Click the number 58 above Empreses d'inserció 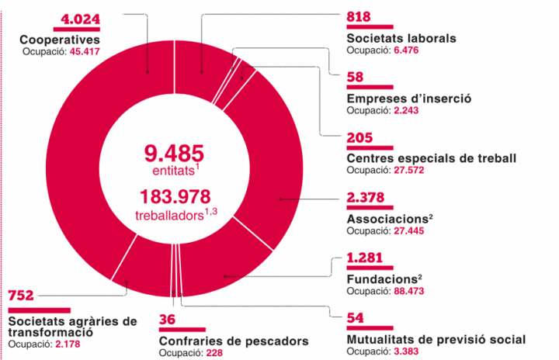click(x=356, y=79)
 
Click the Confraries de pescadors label click(x=234, y=341)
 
